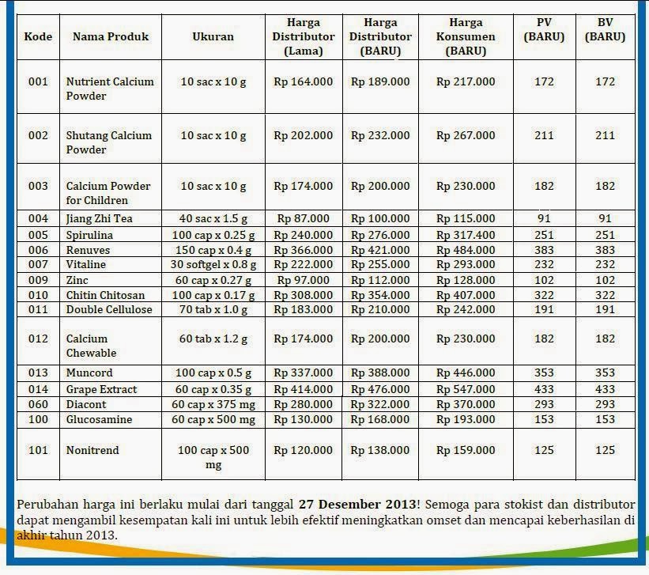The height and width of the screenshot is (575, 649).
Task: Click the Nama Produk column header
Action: coord(110,36)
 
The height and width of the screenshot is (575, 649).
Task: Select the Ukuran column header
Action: coord(213,36)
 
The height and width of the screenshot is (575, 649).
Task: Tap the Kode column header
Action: coord(38,36)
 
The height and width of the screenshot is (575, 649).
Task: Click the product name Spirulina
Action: coord(89,235)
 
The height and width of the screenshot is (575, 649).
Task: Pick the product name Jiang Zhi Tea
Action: coord(99,218)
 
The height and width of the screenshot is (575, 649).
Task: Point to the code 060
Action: coord(38,404)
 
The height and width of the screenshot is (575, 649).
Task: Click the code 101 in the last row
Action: coord(38,450)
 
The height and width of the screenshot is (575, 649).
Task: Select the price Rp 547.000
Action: coord(466,389)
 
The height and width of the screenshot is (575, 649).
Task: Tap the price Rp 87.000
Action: coord(303,218)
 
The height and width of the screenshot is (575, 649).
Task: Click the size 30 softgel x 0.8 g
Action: coord(213,264)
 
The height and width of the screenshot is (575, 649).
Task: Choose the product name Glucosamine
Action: coord(99,419)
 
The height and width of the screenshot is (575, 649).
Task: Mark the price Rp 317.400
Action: coord(466,235)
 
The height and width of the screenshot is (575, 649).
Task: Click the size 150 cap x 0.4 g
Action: coord(213,250)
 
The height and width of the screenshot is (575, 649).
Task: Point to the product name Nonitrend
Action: coord(92,450)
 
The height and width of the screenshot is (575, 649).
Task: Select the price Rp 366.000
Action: coord(303,250)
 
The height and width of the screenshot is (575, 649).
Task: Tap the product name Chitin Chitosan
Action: coord(104,295)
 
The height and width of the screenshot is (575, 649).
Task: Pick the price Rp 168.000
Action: coord(380,419)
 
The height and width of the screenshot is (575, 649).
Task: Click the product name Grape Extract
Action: coord(101,389)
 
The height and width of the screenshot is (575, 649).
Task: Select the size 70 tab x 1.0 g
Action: coord(213,309)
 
